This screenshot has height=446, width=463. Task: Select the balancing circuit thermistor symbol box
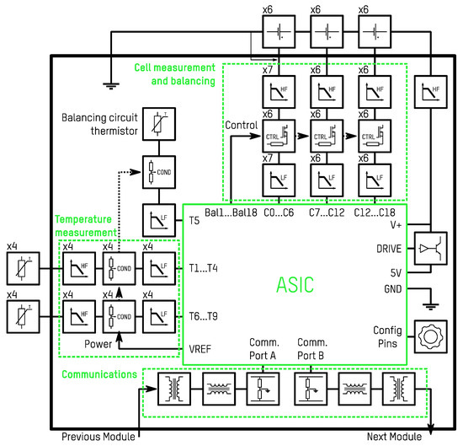point(157,124)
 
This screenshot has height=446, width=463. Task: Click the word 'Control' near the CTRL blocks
point(242,125)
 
